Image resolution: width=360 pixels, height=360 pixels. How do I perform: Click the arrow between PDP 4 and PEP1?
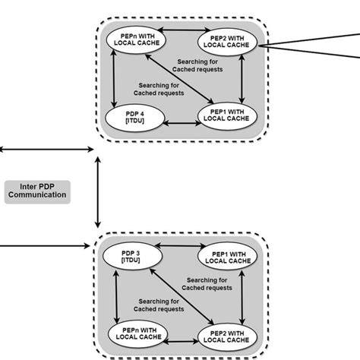pyautogui.click(x=182, y=120)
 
